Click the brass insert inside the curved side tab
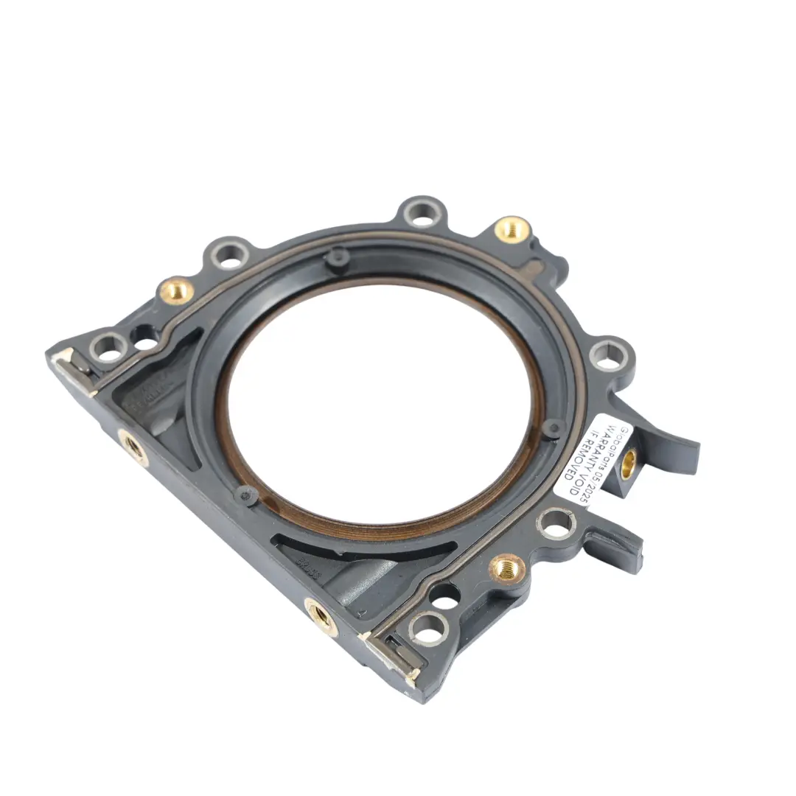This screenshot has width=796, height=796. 629,462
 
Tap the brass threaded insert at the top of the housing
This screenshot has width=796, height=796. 512,228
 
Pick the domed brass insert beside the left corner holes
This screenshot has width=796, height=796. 177,290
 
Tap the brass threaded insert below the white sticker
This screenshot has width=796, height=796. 508,567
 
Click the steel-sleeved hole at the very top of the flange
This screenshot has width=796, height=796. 424,213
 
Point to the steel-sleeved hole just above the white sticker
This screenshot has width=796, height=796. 610,354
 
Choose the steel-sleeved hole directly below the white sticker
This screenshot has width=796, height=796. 556,524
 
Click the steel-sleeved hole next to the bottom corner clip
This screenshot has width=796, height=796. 429,628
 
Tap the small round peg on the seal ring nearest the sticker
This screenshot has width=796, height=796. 553,427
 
